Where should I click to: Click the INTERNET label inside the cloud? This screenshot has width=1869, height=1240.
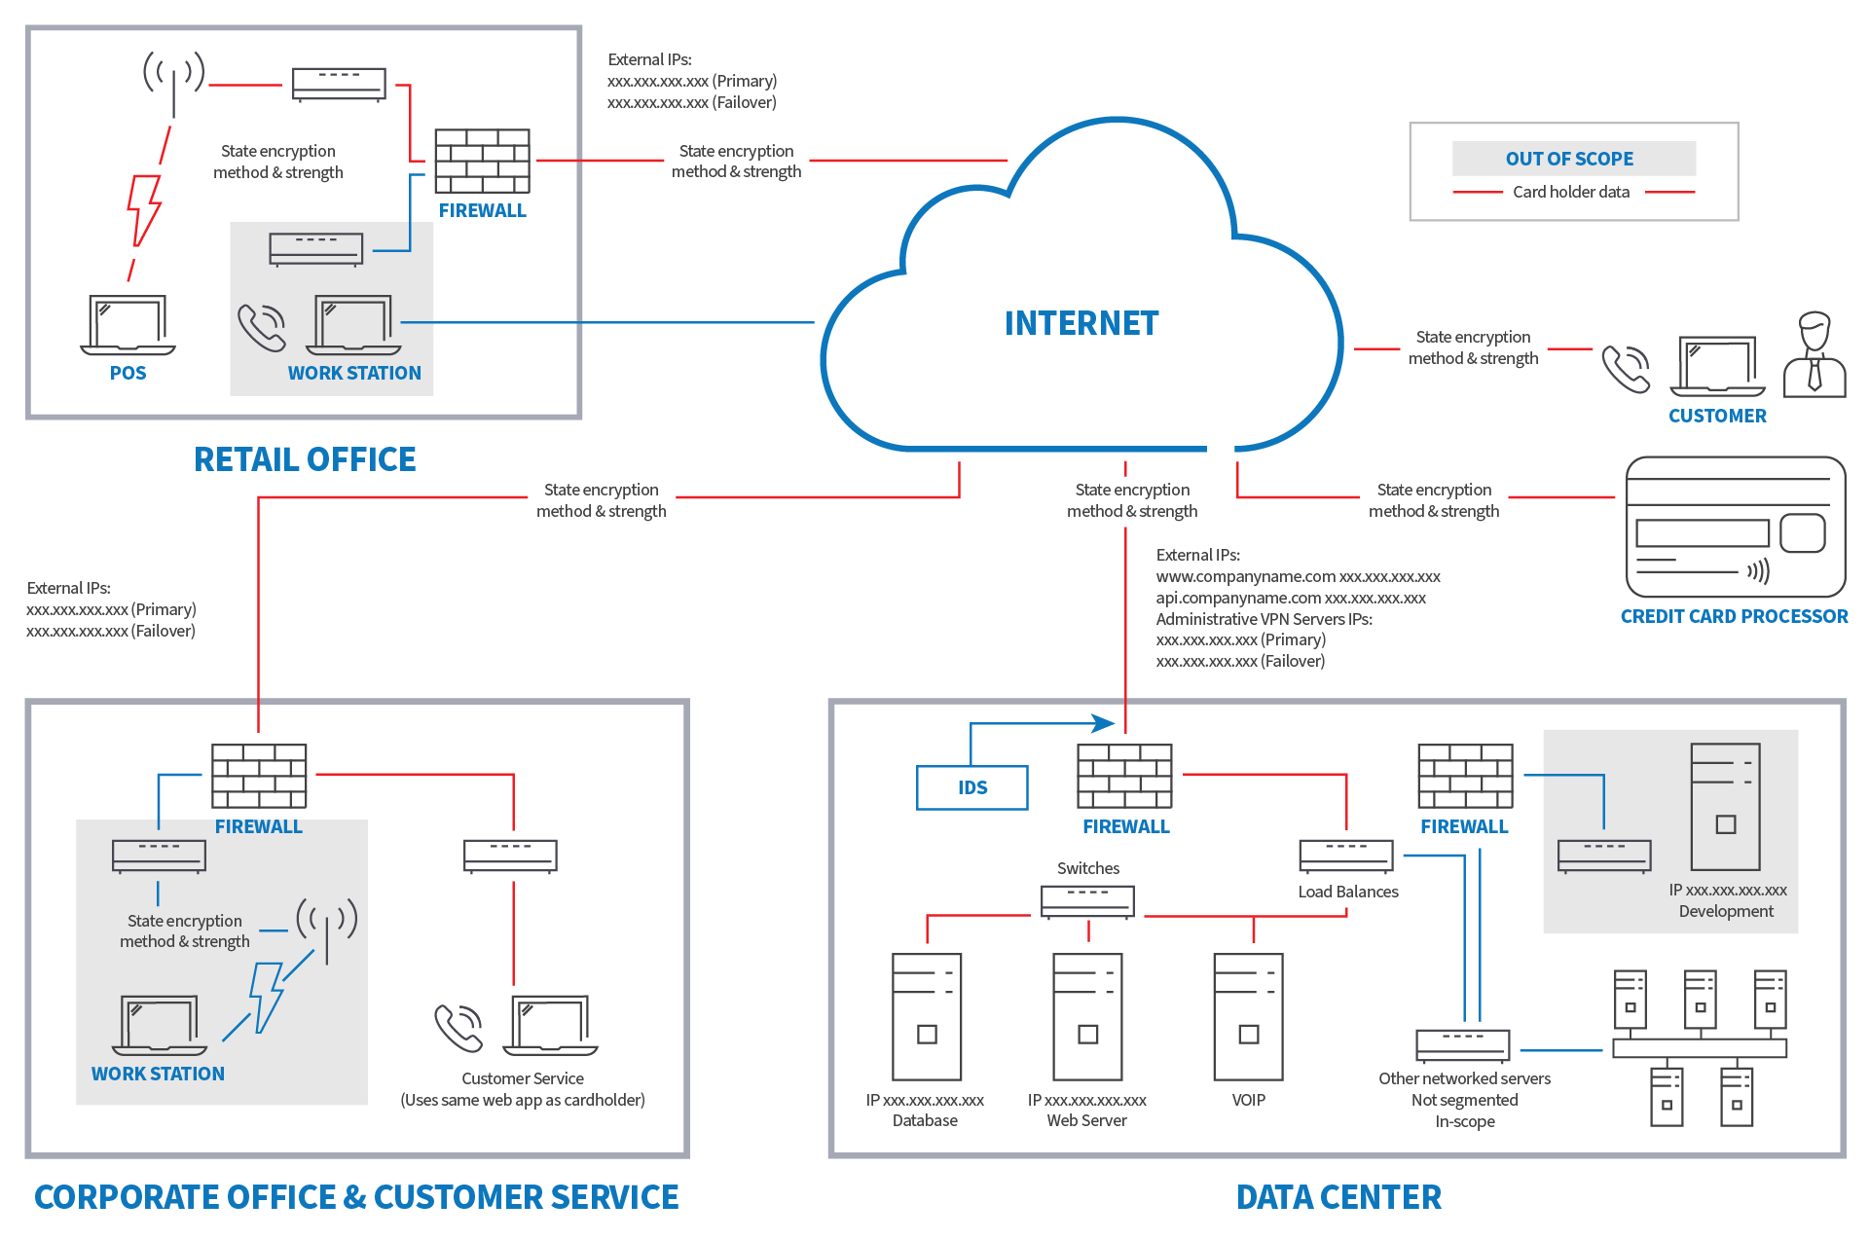(1081, 323)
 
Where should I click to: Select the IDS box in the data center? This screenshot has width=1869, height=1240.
(971, 787)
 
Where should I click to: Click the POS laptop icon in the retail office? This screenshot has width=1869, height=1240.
(128, 325)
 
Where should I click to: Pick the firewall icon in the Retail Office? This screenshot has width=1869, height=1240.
(482, 161)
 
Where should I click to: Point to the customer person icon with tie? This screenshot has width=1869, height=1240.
(1814, 355)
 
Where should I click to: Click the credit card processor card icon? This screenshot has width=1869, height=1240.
(1736, 527)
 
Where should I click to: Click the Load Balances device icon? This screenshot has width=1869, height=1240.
(1346, 856)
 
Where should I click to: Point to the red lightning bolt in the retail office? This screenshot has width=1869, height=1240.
(144, 209)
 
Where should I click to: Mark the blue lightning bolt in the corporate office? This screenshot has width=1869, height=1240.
(266, 996)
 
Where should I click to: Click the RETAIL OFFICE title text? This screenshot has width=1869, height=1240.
(305, 459)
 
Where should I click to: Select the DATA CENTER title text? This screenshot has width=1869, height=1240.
(1338, 1197)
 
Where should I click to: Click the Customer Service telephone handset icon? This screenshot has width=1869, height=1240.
(458, 1028)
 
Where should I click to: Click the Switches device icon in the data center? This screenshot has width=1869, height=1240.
(1087, 901)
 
